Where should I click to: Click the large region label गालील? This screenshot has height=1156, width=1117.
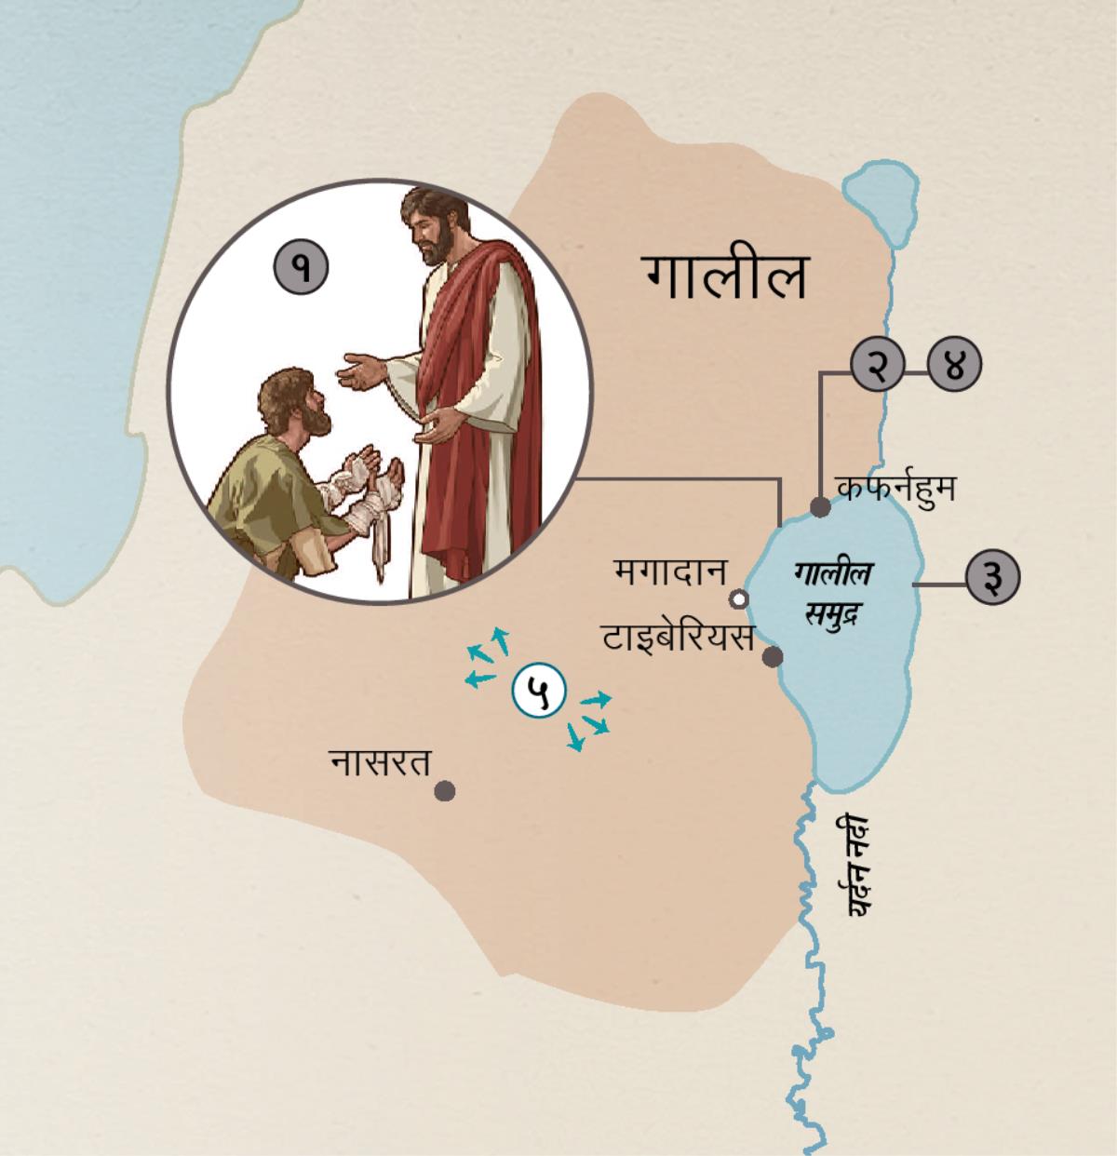[x=724, y=277]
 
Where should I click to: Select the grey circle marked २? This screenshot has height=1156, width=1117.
[x=877, y=365]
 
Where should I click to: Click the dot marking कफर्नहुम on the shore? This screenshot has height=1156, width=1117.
[x=820, y=507]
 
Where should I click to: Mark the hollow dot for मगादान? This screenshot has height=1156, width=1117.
[x=739, y=598]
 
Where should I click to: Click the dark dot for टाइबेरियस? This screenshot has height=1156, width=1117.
[x=772, y=657]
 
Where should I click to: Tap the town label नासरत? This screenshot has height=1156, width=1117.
[x=382, y=763]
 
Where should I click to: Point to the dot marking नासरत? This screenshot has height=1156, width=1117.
[x=445, y=791]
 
